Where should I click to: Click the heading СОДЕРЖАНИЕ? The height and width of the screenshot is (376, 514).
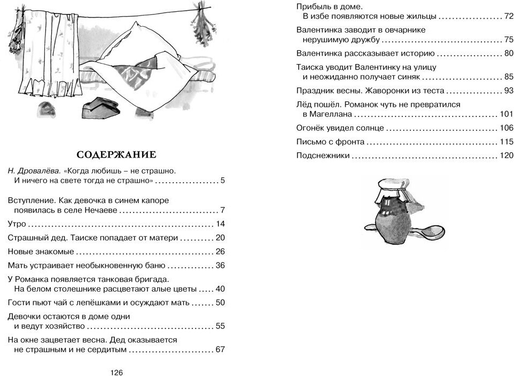pos(116,155)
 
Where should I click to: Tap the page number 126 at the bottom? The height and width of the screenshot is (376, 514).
pos(116,372)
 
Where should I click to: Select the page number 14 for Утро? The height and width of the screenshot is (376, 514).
pos(220,224)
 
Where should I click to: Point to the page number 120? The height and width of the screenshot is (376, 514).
pos(506,156)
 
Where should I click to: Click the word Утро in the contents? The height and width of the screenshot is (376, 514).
pos(18,224)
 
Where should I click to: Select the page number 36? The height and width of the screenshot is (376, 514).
pos(220,265)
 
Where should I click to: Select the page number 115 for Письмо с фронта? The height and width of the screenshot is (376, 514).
pos(506,142)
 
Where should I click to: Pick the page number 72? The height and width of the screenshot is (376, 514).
pos(508,17)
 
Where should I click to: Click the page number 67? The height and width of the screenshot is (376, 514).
pos(220,350)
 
